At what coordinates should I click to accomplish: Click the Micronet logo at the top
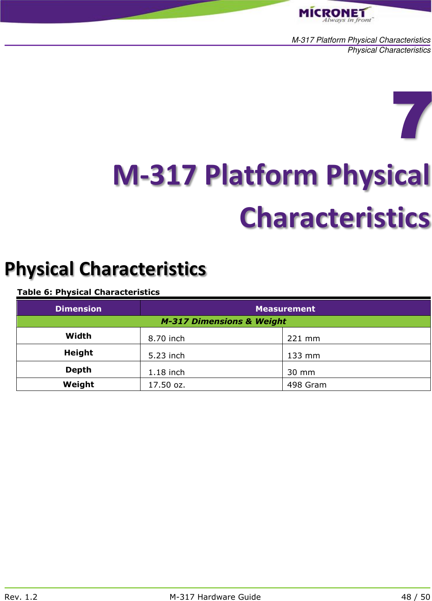335,15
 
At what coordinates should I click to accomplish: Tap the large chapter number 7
412,115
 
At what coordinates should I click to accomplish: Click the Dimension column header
78,309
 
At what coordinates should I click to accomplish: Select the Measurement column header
285,309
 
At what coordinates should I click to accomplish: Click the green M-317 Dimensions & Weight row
223,321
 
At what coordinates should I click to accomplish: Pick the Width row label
78,336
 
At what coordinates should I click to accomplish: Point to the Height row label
78,352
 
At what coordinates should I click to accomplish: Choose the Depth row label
78,370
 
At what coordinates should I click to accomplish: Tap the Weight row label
78,384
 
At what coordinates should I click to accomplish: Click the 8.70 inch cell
166,338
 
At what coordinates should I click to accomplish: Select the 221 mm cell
304,338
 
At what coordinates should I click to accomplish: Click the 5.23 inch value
166,355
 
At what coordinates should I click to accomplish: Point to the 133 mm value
304,355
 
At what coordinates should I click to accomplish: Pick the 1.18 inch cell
166,372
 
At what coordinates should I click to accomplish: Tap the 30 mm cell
301,372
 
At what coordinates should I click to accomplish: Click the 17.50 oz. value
166,385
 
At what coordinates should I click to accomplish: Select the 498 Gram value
307,385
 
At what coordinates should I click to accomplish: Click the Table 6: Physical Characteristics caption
88,292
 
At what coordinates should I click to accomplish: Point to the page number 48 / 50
415,597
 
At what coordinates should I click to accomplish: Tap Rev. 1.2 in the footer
21,597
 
